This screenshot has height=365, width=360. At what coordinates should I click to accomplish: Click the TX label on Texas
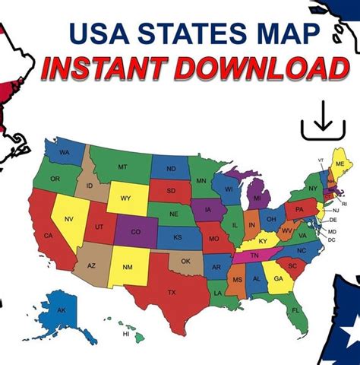pos(171,292)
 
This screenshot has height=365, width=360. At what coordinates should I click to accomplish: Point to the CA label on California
pos(48,236)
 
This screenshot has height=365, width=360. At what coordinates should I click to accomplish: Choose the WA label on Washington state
pos(67,152)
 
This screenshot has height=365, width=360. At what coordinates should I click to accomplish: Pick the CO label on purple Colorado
pos(135,231)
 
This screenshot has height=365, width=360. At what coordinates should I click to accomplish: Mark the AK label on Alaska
pos(62,310)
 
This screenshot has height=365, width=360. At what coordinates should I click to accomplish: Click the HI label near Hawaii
pos(126,333)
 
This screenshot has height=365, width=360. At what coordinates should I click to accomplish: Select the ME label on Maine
pos(339,164)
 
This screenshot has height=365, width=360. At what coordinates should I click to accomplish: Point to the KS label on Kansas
pos(177,237)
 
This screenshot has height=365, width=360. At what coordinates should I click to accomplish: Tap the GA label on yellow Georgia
pos(279,279)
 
